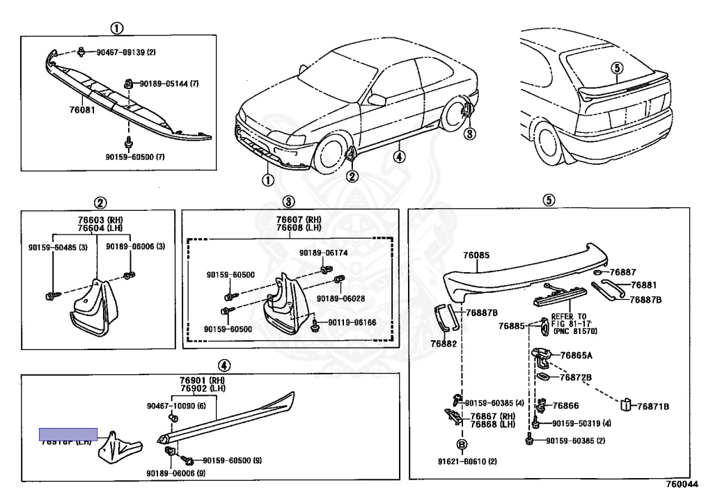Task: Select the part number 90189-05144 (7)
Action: coord(169,84)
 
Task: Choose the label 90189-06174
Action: coord(323,253)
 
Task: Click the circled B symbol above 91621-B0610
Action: coord(461,445)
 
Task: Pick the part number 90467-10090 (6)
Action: coord(176,406)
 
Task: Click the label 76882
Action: coord(443,344)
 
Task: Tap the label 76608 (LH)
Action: coord(288,228)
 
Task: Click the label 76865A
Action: coord(576,355)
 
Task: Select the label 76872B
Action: coord(576,377)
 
